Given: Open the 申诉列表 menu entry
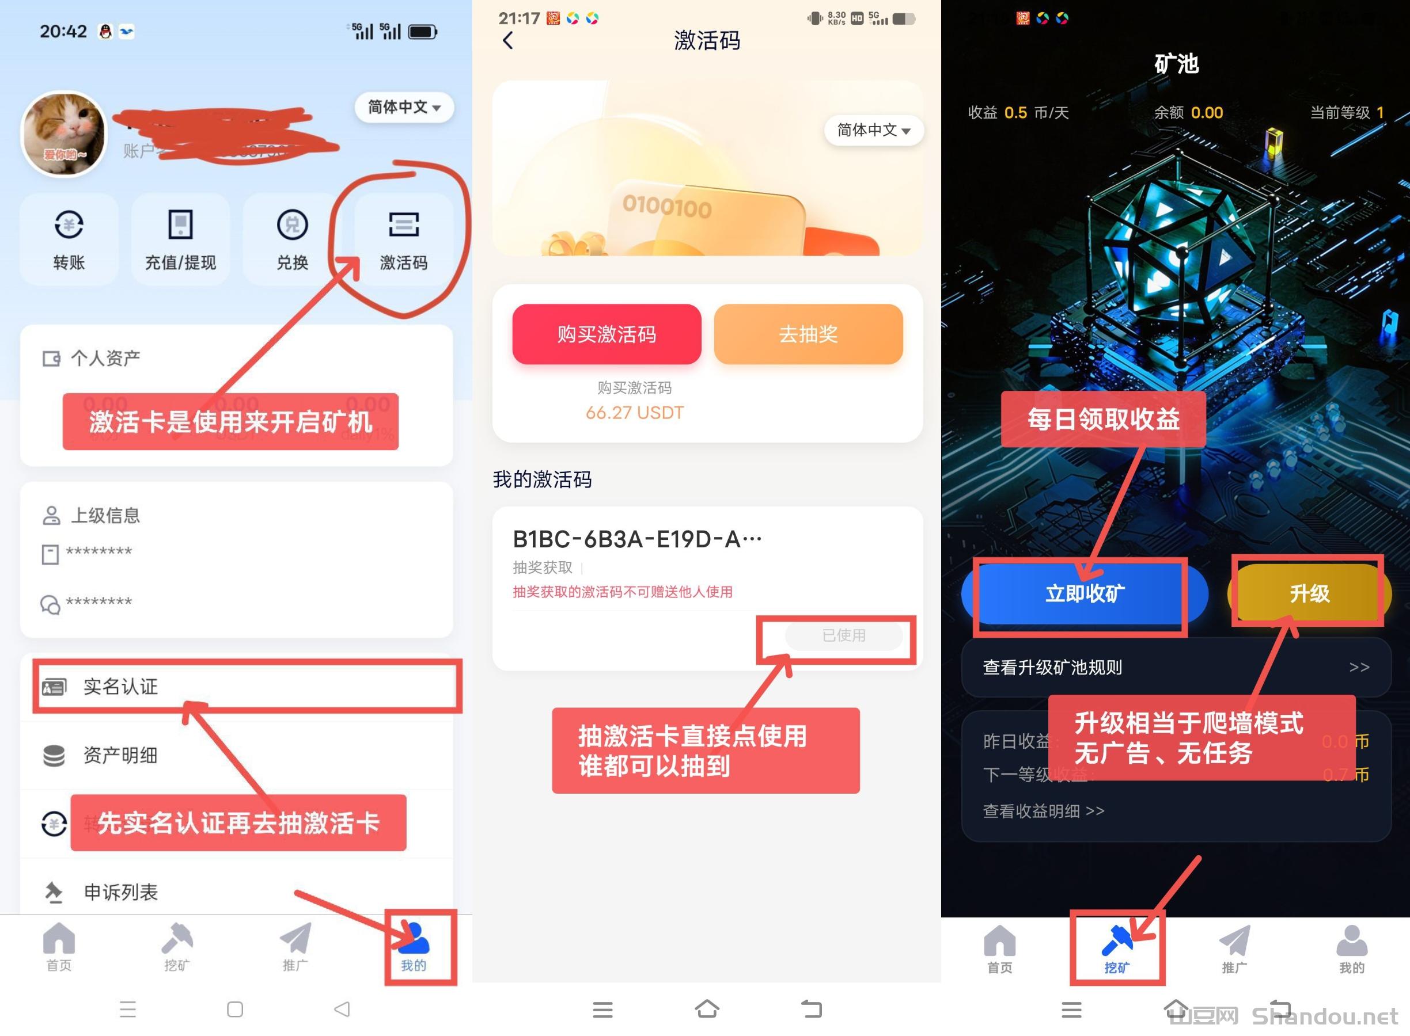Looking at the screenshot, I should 120,892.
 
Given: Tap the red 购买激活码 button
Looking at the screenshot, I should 606,334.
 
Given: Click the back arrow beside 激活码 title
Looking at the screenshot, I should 508,41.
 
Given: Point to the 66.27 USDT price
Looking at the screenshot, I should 634,413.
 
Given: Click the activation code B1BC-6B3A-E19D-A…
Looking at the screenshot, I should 637,539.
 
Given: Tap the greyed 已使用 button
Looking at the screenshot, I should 843,635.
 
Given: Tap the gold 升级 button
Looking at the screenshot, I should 1309,593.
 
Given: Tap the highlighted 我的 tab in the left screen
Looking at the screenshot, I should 414,947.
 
